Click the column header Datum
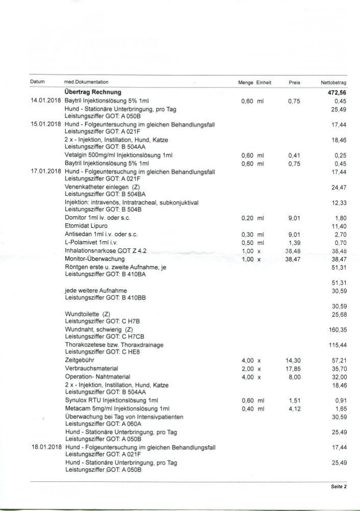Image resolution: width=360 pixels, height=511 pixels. click(38, 82)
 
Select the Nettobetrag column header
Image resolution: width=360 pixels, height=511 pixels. click(333, 82)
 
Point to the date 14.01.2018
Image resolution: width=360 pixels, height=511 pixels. click(46, 101)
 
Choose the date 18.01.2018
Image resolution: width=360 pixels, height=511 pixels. click(46, 447)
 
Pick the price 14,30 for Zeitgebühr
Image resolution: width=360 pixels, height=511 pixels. click(293, 360)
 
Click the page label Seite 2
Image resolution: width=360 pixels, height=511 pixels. click(338, 486)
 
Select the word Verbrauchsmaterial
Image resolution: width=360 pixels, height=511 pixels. click(91, 368)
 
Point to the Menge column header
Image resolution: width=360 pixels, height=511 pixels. click(246, 82)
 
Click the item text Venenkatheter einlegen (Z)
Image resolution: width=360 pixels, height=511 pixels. click(99, 187)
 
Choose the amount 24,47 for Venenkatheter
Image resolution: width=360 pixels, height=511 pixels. click(339, 187)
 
